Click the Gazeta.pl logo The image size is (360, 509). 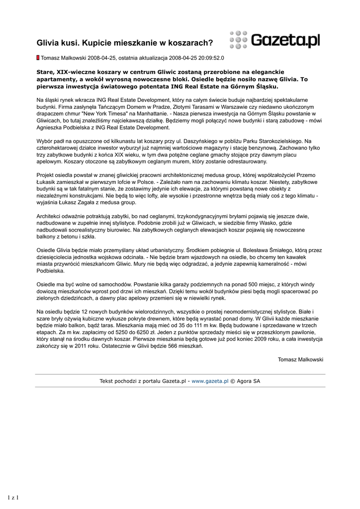click(x=275, y=40)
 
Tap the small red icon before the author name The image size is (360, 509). click(x=38, y=58)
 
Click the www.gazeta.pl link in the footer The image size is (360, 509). click(x=210, y=381)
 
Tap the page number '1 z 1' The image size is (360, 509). click(x=13, y=497)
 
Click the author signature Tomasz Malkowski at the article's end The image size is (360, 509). click(x=300, y=359)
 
